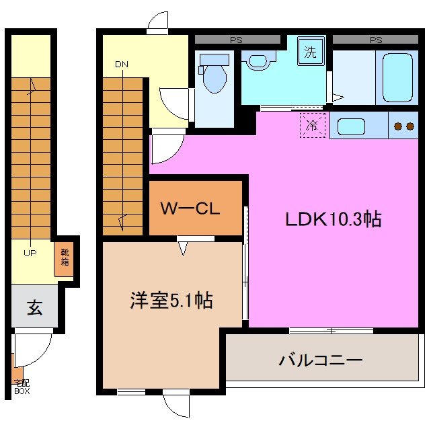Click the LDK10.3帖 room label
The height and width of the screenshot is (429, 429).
[334, 219]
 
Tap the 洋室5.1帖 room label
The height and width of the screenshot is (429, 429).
[171, 301]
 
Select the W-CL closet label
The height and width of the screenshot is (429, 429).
[190, 208]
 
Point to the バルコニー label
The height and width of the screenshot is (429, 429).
[321, 360]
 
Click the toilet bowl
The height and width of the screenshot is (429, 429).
[214, 76]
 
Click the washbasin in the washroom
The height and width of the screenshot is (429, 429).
[258, 61]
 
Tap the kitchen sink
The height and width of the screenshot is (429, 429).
[351, 126]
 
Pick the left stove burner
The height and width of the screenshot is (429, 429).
[397, 126]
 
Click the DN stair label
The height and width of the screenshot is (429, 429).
[122, 65]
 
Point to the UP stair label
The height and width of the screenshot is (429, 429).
[30, 252]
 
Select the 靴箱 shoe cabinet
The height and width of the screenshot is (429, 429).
[64, 258]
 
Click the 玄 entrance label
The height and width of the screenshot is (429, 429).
[34, 309]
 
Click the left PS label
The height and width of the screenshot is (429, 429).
[236, 40]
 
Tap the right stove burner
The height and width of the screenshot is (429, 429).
[409, 126]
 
